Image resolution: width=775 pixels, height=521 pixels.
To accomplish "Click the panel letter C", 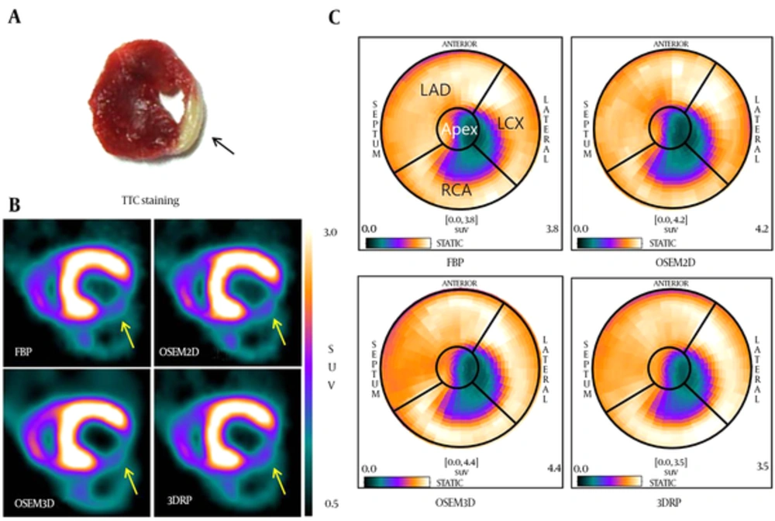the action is (x=335, y=17).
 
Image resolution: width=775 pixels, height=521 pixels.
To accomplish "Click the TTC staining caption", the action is (x=150, y=201).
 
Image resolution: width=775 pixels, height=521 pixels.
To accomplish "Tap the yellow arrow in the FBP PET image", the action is (x=128, y=333).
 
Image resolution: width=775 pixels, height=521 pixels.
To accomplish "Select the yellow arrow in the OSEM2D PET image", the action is (x=279, y=331).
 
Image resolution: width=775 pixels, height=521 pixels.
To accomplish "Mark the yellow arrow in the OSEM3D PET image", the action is (x=130, y=481).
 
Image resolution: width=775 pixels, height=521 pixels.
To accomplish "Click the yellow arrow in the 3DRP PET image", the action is (x=279, y=481).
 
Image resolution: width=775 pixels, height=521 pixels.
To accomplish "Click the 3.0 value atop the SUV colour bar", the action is (x=331, y=233).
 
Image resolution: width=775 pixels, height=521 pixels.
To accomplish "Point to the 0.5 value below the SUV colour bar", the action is (x=331, y=504).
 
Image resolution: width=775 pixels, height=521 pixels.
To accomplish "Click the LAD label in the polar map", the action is (x=436, y=90).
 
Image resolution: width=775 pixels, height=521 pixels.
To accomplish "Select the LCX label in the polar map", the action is (x=510, y=123).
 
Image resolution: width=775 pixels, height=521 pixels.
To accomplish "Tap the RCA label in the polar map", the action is (x=456, y=190).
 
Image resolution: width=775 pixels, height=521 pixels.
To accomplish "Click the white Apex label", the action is (x=460, y=129).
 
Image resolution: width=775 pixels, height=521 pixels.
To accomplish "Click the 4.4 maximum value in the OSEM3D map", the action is (x=553, y=468).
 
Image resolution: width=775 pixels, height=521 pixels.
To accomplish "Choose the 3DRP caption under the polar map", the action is (x=668, y=502).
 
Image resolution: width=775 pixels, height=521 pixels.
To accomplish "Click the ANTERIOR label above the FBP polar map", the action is (x=460, y=44).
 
